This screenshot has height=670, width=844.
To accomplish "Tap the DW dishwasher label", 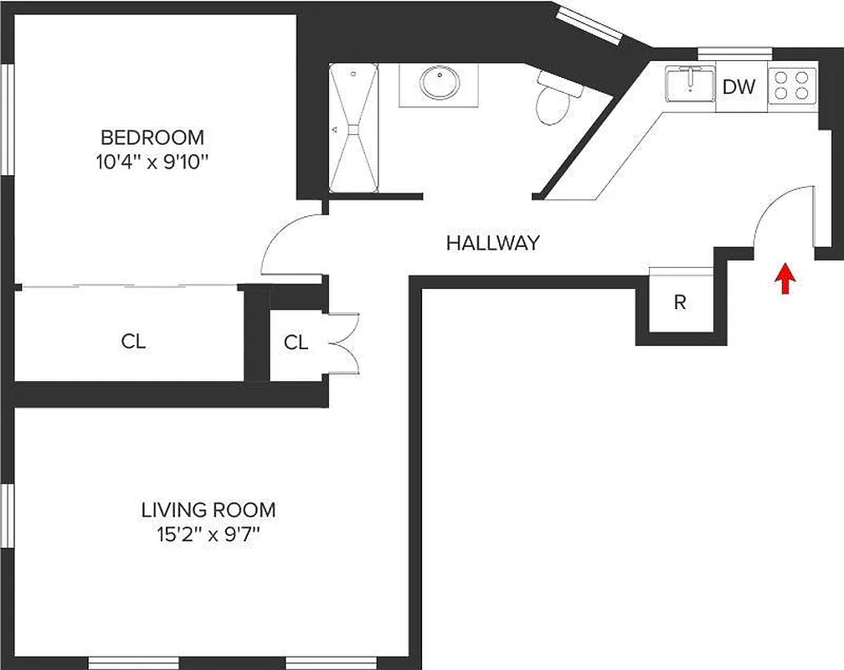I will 739,86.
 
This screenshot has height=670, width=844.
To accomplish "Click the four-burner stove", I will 791,85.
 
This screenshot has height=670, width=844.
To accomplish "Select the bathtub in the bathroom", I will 353,129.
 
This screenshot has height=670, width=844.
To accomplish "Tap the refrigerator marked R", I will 680,302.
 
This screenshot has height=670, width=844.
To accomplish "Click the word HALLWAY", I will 492,244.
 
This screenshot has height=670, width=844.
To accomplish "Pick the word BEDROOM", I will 152,137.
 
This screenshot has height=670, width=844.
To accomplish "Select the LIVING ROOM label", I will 208,509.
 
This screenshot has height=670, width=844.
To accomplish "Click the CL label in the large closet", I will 133,342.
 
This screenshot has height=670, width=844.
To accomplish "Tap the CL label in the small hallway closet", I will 296,343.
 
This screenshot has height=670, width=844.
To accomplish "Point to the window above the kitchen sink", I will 734,53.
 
